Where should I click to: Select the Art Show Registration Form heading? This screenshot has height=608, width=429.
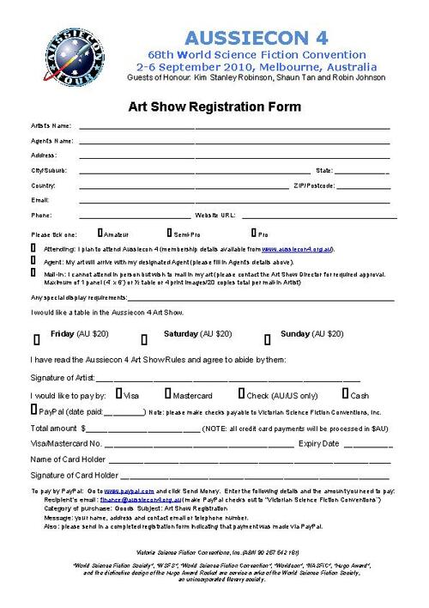pos(214,106)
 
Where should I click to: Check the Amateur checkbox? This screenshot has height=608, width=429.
pos(100,232)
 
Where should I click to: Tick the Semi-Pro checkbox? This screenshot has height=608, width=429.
pos(170,232)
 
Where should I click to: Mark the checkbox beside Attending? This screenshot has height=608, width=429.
pos(33,246)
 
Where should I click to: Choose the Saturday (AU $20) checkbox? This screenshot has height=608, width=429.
pos(144,337)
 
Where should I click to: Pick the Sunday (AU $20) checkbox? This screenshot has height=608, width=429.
pos(268,337)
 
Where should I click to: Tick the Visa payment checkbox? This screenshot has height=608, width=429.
pos(120,394)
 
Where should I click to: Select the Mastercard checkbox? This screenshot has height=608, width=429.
pos(168,394)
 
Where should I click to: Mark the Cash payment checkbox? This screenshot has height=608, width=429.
pos(346,394)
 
